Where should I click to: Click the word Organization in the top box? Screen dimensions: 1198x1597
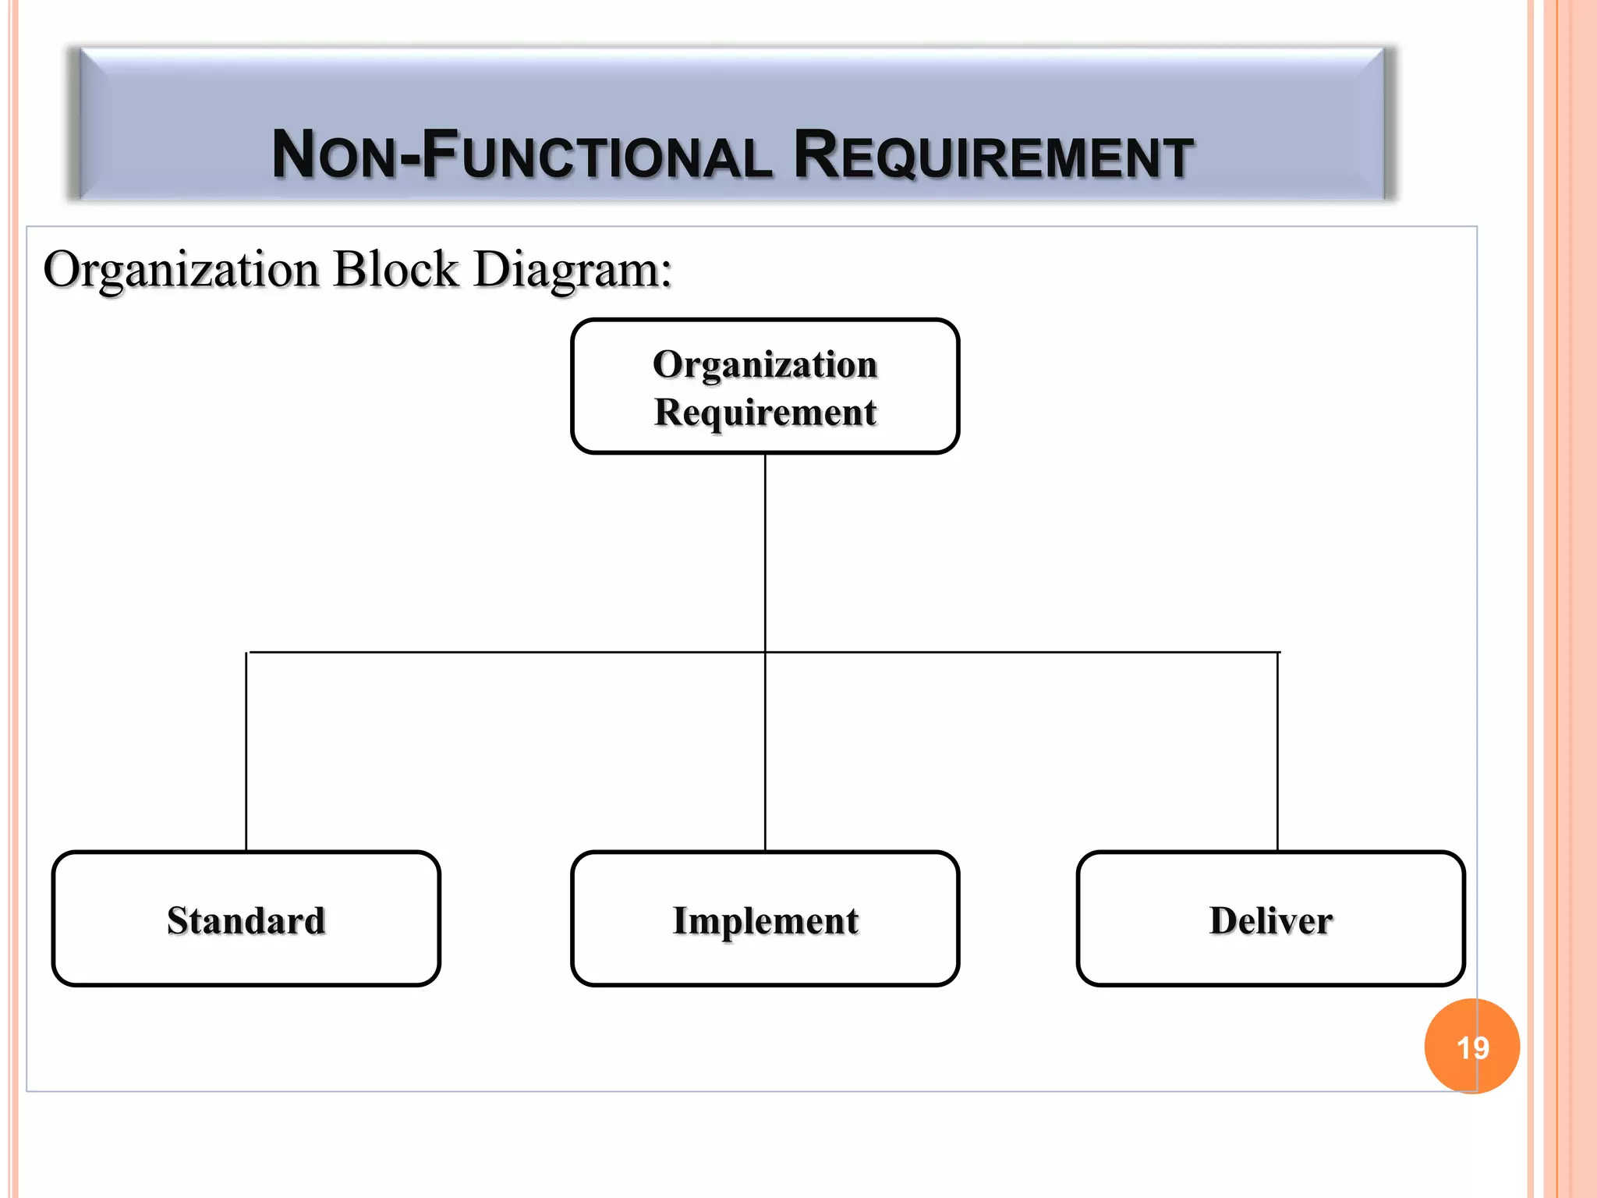pos(765,365)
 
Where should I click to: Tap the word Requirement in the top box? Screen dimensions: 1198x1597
pos(765,413)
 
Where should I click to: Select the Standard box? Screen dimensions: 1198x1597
pos(246,919)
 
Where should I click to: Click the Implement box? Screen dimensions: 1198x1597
pos(765,919)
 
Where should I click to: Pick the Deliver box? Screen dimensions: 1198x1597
pos(1270,919)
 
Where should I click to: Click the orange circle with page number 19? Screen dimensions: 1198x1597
pos(1471,1046)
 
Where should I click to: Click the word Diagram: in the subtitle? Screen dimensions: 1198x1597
pos(572,270)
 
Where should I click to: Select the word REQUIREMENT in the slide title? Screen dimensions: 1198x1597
pos(993,155)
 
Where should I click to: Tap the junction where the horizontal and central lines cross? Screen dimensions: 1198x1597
pos(765,652)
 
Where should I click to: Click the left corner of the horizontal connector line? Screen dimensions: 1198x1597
pos(247,653)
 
